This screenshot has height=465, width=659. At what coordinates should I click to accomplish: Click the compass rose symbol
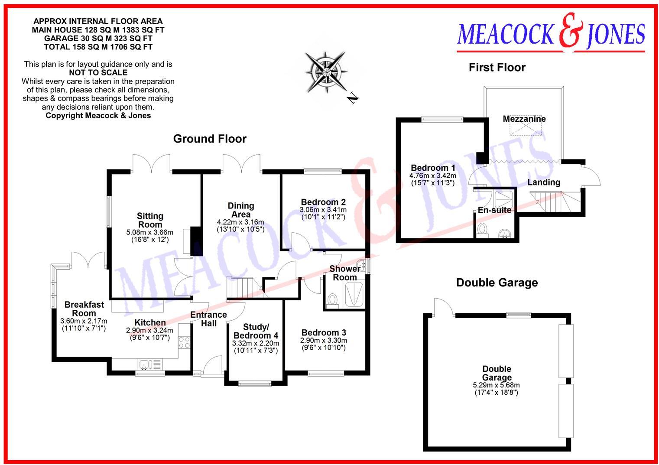[325, 72]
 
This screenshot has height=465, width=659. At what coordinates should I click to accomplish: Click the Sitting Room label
[150, 220]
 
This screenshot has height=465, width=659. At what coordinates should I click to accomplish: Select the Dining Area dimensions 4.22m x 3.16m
[240, 222]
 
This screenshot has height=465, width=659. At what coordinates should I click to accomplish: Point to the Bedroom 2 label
[323, 202]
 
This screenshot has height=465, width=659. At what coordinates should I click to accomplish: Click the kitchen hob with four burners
[184, 342]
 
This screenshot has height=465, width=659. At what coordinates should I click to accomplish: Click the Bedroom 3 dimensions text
[323, 344]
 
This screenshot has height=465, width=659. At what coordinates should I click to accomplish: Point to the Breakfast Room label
[84, 309]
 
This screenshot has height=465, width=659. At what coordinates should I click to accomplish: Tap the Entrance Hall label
[208, 319]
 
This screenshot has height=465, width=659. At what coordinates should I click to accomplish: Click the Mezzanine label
[524, 119]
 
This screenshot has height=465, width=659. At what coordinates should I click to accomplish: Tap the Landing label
[543, 182]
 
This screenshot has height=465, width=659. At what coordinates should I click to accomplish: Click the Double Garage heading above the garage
[497, 283]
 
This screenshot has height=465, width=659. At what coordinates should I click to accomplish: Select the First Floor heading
[497, 68]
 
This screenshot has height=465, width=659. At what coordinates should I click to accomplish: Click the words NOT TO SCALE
[98, 72]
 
